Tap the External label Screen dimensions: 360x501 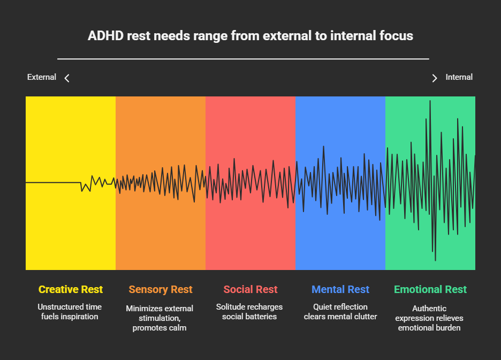[42, 77]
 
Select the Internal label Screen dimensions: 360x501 [459, 77]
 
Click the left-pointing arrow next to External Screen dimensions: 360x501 [67, 78]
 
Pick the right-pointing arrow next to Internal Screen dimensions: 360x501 [435, 78]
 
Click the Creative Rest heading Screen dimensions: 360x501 [71, 290]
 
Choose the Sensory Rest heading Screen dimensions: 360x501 [161, 290]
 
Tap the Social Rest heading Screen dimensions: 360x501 [250, 290]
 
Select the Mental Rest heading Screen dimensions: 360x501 [340, 290]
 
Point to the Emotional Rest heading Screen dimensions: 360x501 [430, 290]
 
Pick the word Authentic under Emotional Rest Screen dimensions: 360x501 [429, 309]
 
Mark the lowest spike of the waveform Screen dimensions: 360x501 [435, 260]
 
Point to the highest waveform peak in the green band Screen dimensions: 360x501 [430, 101]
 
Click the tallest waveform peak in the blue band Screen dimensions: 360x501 [323, 146]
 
